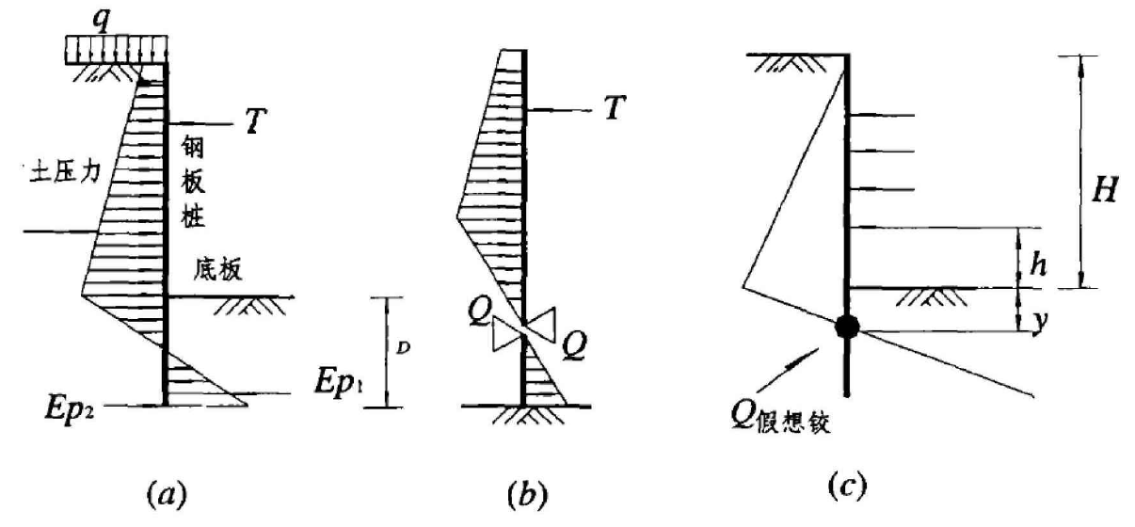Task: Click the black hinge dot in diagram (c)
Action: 847,326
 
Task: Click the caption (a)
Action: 167,491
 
